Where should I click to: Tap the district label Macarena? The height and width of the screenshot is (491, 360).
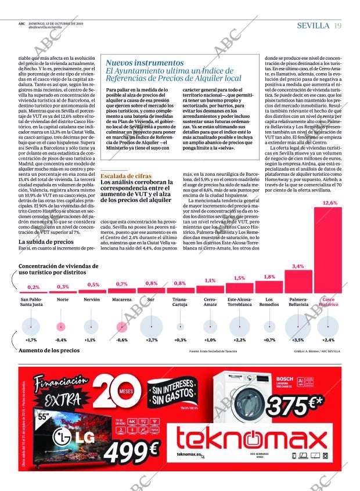121,299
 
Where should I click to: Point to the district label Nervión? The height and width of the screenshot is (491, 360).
92,299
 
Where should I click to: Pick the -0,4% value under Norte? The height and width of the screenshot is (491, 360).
61,340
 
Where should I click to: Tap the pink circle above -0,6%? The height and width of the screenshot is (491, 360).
121,326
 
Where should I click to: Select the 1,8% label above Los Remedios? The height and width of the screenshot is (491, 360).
269,277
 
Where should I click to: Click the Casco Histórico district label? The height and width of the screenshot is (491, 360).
329,302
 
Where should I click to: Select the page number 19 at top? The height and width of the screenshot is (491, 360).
338,25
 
